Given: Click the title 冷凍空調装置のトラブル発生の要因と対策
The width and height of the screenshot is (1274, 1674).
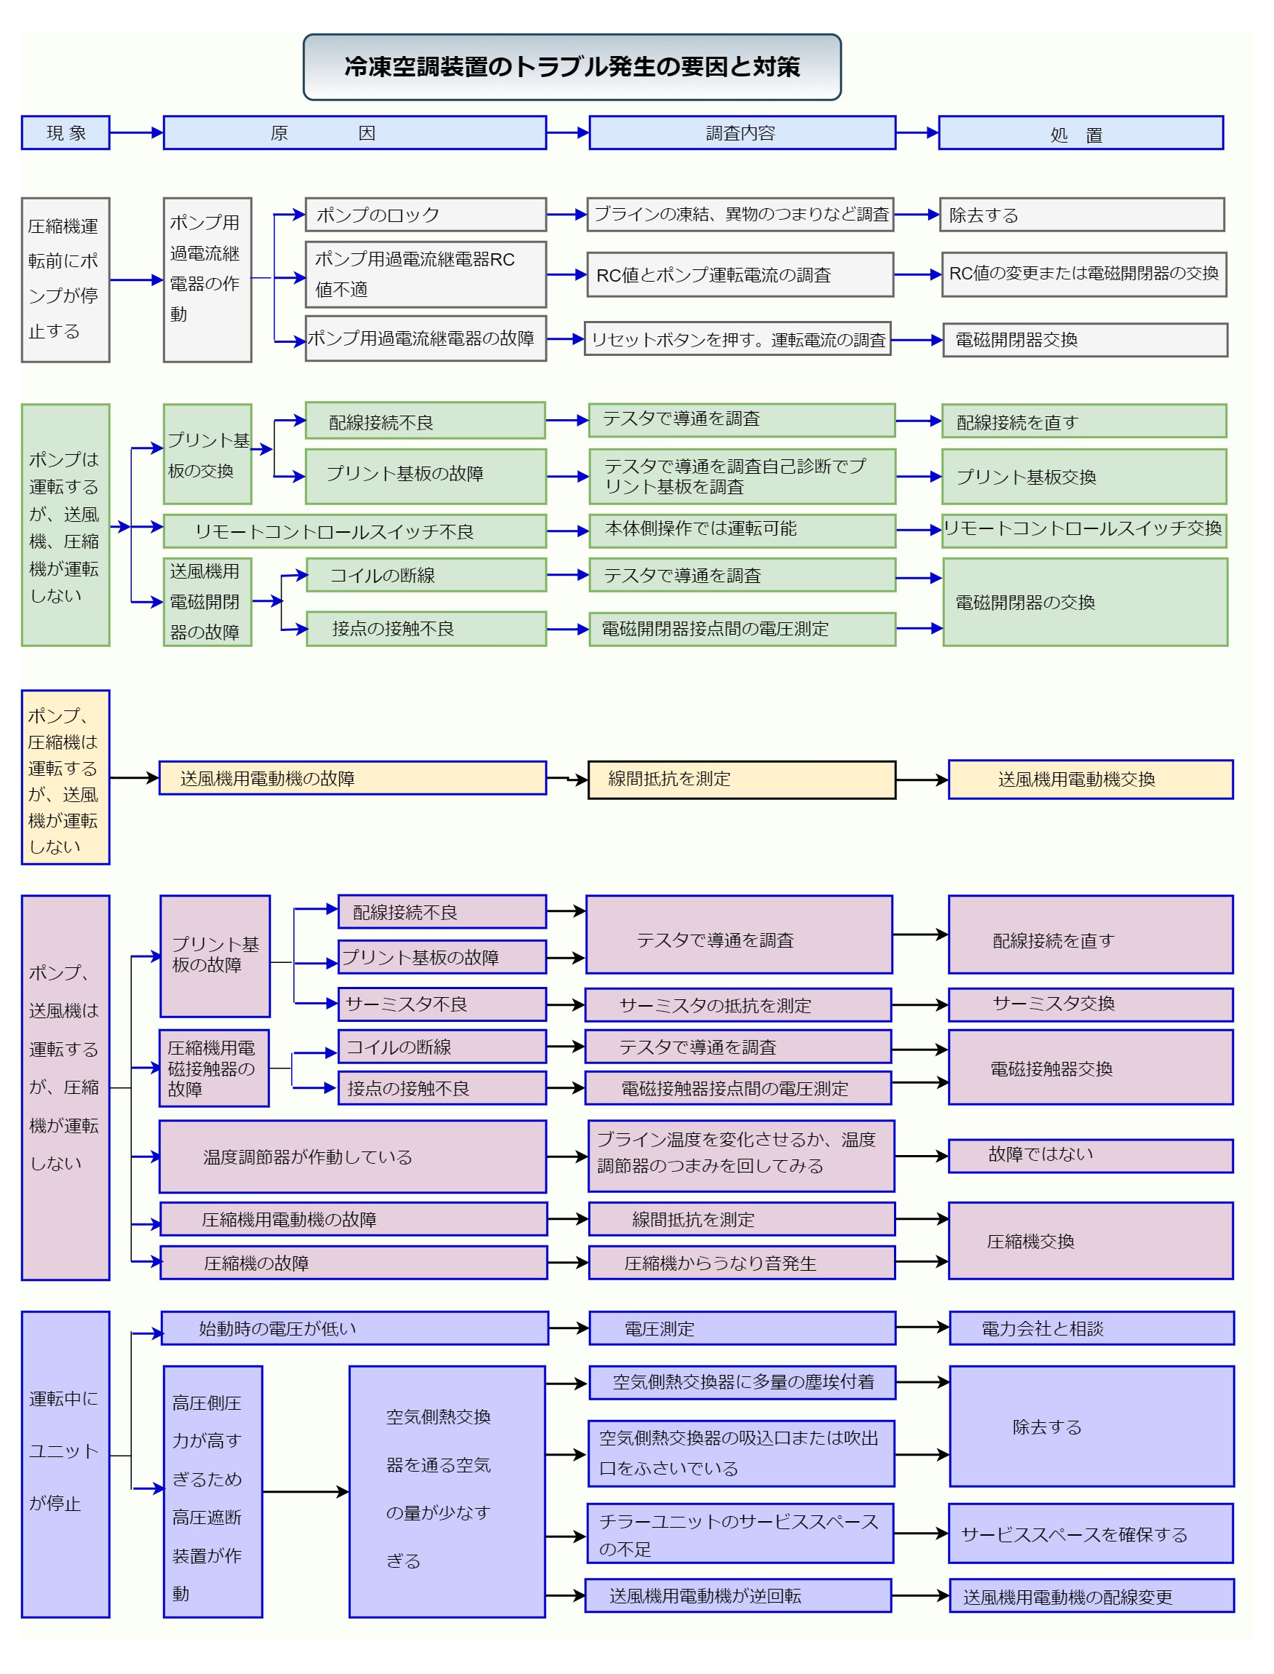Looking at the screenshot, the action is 571,67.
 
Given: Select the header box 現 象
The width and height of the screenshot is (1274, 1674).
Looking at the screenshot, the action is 66,132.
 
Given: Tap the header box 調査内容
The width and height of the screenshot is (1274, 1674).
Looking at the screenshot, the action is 743,132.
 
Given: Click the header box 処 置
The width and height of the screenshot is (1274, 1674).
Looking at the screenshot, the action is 1080,132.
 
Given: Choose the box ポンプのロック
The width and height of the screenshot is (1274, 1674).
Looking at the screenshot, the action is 425,215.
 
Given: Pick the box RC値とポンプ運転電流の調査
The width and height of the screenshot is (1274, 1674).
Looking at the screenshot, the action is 740,274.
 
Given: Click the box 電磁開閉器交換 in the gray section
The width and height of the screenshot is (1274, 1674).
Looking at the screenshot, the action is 1085,340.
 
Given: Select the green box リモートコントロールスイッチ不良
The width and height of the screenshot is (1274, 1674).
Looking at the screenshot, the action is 355,531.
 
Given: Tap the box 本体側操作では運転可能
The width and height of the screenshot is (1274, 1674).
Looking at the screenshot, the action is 743,530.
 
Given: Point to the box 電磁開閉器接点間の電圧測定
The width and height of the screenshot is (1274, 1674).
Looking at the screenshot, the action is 743,629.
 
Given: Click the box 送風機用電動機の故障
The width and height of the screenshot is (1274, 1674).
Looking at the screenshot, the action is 352,778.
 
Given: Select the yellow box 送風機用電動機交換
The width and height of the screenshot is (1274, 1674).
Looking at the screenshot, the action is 1091,779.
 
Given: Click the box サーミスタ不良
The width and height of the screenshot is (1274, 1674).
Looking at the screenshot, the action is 442,1004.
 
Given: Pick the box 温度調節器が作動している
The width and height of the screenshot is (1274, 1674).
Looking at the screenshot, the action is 352,1157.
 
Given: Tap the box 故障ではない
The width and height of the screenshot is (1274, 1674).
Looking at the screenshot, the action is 1091,1156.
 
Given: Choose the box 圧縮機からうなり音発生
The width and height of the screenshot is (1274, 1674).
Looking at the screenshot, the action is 743,1262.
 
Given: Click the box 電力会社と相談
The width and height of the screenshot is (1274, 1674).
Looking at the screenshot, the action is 1091,1328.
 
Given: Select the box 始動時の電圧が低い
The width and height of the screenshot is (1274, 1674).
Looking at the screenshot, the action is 355,1328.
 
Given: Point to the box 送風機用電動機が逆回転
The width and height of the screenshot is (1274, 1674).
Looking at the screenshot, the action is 739,1595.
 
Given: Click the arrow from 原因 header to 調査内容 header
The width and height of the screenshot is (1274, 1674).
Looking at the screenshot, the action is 568,132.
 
